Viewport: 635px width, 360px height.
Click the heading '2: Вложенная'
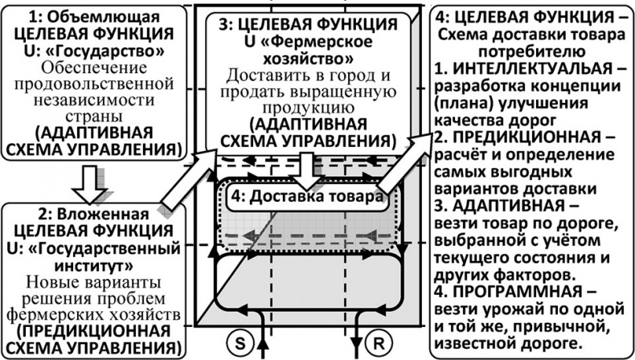[x=97, y=215]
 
